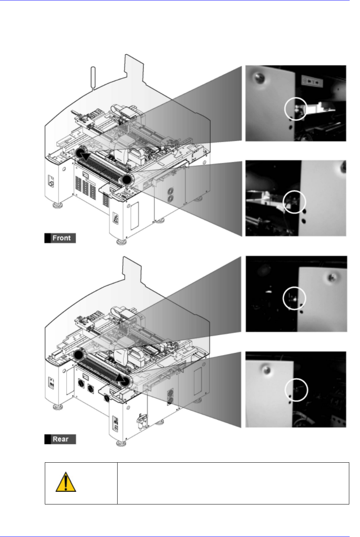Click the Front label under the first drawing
pos(61,238)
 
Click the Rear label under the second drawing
pos(61,439)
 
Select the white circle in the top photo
pos(296,109)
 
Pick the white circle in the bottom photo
pos(297,390)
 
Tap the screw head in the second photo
pos(343,166)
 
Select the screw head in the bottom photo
pos(264,369)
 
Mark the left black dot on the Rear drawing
pos(79,355)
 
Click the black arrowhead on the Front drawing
pos(87,156)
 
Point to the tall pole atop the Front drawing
pos(92,78)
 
